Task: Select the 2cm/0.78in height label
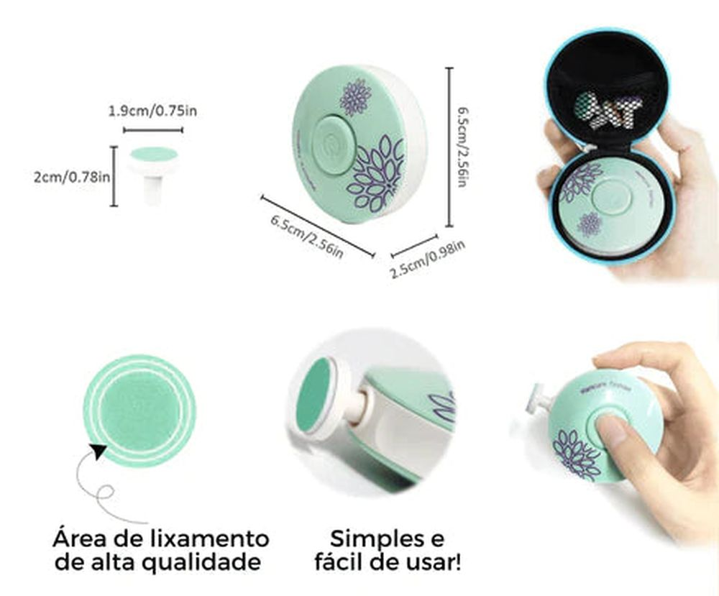tap(72, 176)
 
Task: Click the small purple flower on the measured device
tap(355, 97)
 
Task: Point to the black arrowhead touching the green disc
tap(99, 453)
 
